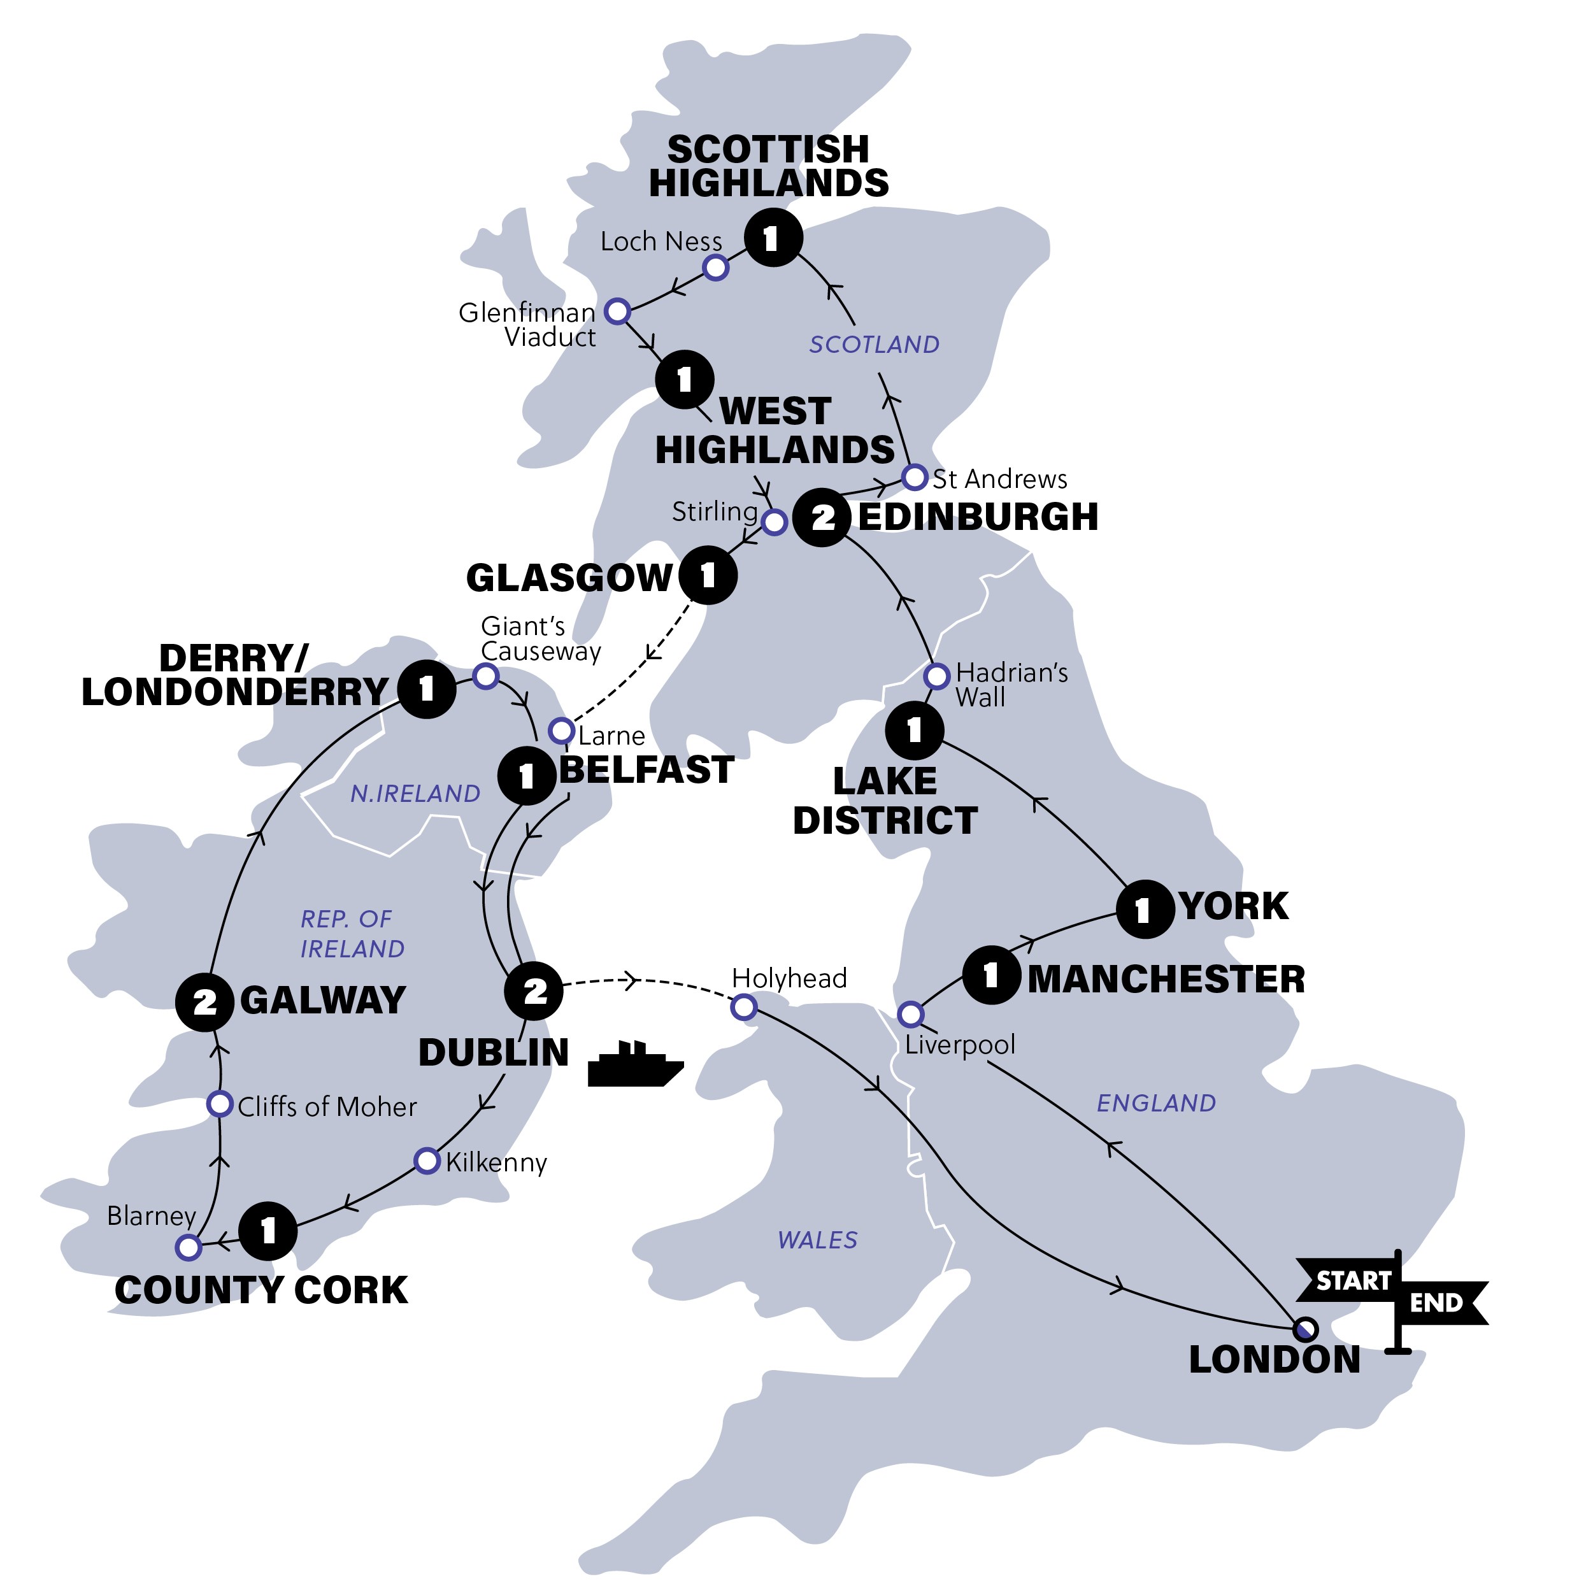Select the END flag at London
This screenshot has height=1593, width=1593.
(1439, 1303)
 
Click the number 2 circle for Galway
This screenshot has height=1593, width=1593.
(204, 1002)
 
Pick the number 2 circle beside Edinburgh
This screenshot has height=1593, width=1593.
(822, 518)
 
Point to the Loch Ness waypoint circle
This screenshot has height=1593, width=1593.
(716, 267)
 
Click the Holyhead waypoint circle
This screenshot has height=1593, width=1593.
(744, 1007)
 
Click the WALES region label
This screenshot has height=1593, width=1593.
(817, 1240)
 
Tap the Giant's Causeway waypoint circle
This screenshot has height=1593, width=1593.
(485, 676)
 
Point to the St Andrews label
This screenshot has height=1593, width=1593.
(999, 479)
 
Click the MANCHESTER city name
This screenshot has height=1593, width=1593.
(1166, 979)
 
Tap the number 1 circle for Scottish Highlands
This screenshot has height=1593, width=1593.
(773, 238)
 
